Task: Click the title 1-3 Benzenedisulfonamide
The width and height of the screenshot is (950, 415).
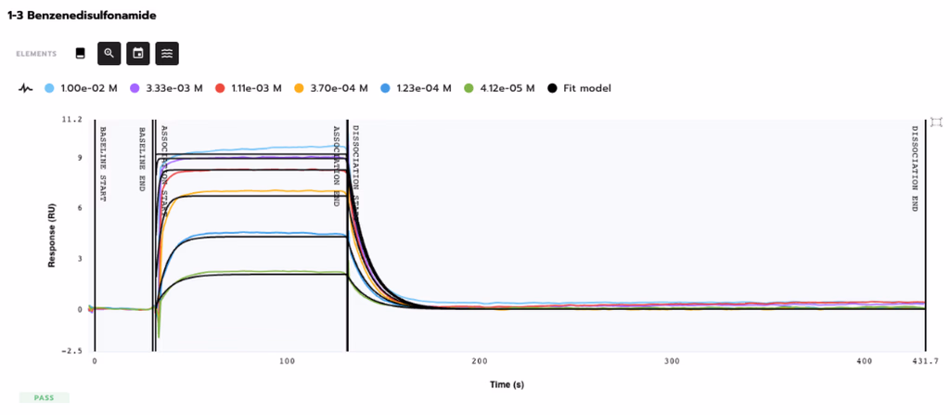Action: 82,16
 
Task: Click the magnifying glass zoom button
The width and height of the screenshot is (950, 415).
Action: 109,54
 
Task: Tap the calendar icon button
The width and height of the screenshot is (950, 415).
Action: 138,54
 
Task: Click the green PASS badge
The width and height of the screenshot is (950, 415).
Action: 44,397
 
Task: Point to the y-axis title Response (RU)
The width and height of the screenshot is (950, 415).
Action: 53,237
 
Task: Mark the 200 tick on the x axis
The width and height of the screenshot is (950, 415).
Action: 480,361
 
